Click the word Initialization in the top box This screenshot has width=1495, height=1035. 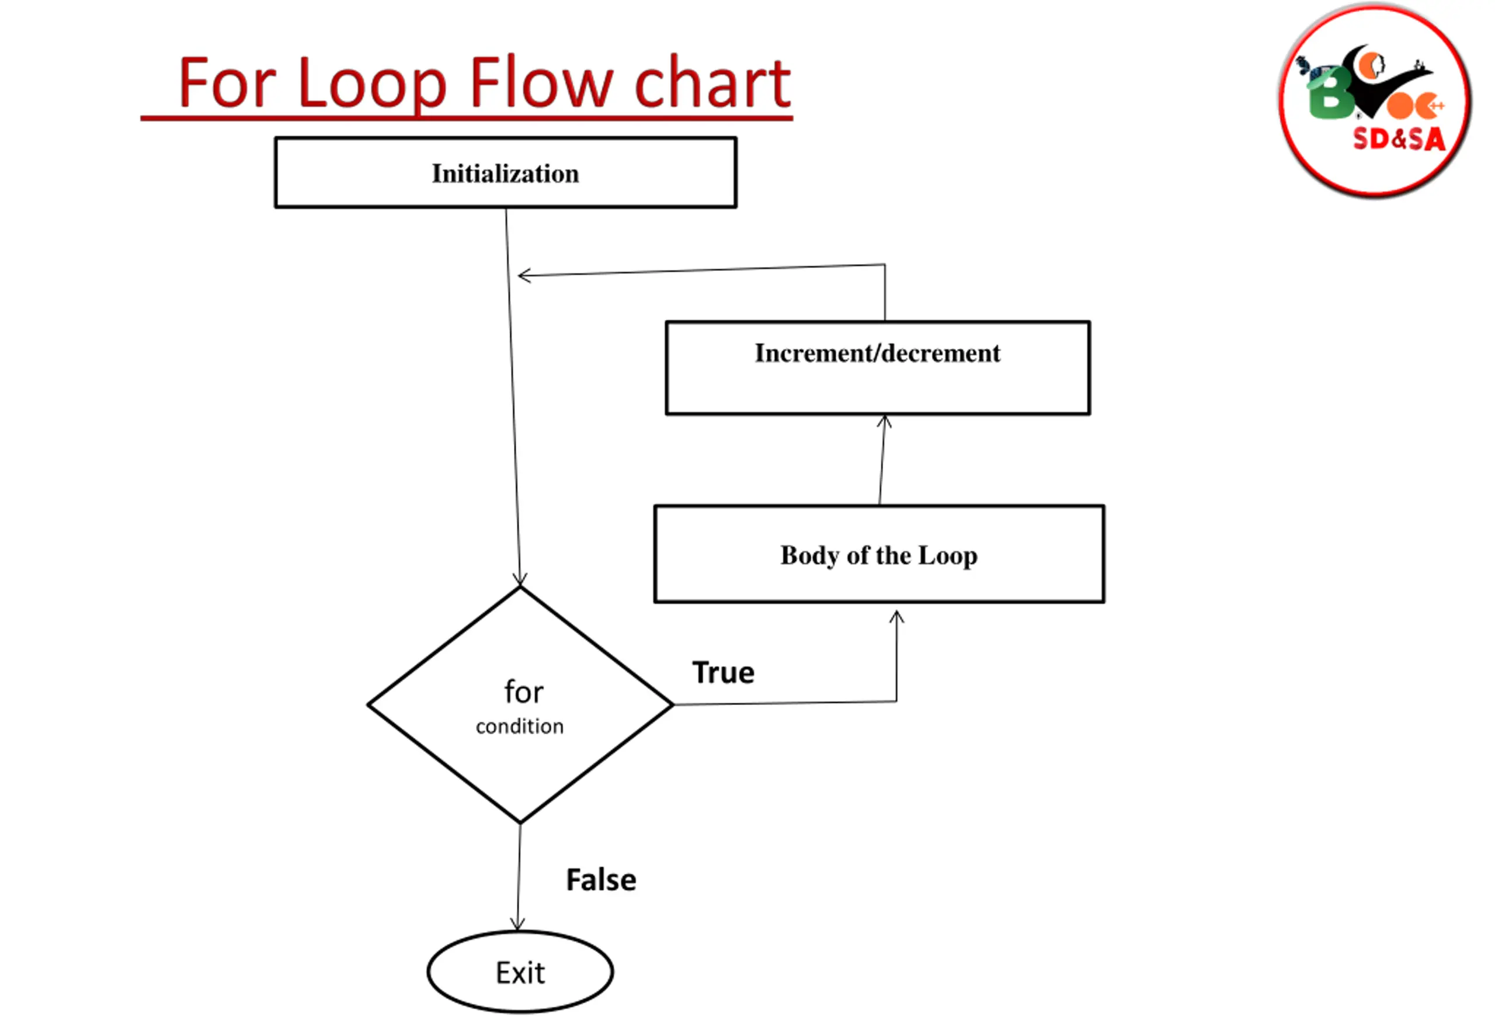pos(505,174)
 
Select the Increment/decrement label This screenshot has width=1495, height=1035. pos(877,353)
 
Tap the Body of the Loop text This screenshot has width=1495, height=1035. pos(878,556)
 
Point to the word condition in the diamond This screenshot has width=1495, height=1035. pos(519,727)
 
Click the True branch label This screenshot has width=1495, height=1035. pos(724,672)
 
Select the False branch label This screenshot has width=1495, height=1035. pos(601,880)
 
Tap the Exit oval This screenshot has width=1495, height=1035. pos(520,971)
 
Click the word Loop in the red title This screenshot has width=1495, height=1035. pos(372,84)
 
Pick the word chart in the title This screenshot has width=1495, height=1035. pos(712,83)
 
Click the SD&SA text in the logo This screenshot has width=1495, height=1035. pos(1399,139)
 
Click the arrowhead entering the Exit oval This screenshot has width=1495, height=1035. pos(517,924)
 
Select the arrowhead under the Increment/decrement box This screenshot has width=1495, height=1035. pos(884,422)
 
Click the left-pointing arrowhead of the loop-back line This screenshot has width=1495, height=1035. pos(524,276)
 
